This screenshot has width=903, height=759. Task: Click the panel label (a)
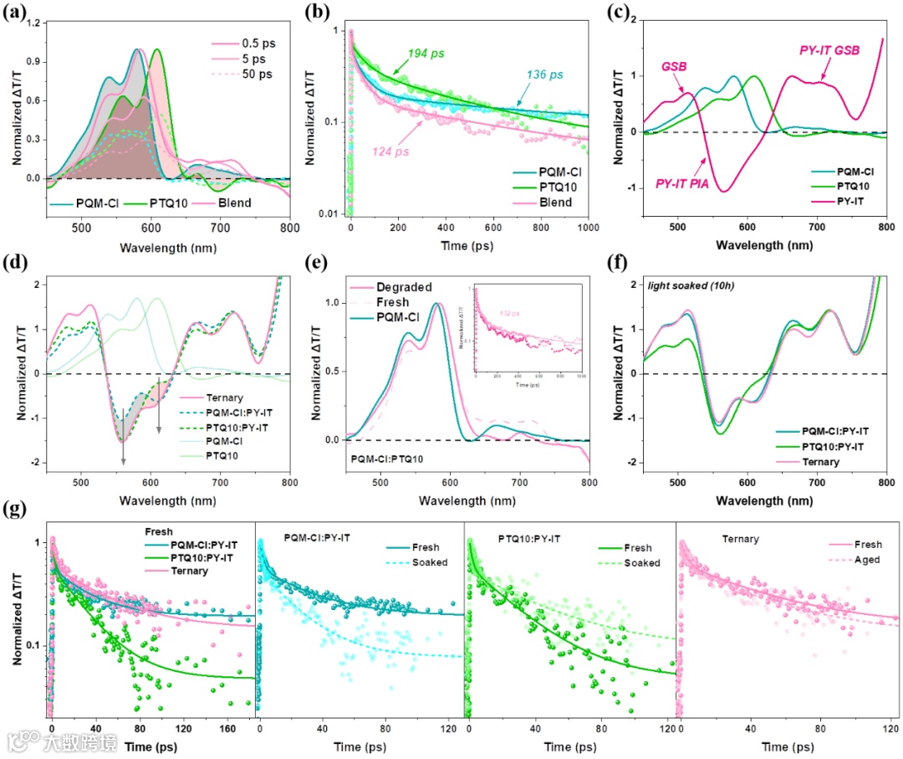pos(18,13)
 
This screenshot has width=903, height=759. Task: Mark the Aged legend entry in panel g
pos(865,560)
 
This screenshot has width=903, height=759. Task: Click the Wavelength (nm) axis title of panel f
pos(768,500)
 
